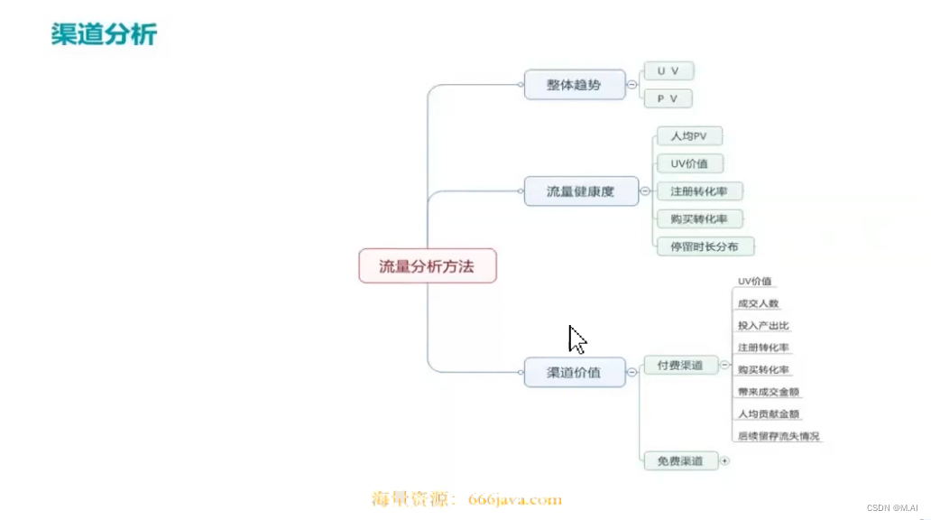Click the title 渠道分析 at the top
point(104,34)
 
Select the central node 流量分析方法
point(427,266)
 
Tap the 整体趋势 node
point(574,85)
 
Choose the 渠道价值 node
point(574,372)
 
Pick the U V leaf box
point(668,71)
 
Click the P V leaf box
point(668,97)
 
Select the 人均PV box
point(688,136)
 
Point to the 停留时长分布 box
point(705,246)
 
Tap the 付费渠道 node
point(680,366)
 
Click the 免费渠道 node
point(680,461)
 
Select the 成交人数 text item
point(758,303)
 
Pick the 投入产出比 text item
point(763,325)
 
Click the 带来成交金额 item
point(769,392)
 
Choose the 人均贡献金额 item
point(769,413)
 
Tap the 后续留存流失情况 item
point(779,436)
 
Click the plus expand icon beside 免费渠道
point(724,461)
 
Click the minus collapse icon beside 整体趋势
point(631,85)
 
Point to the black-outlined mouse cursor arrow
point(576,339)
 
